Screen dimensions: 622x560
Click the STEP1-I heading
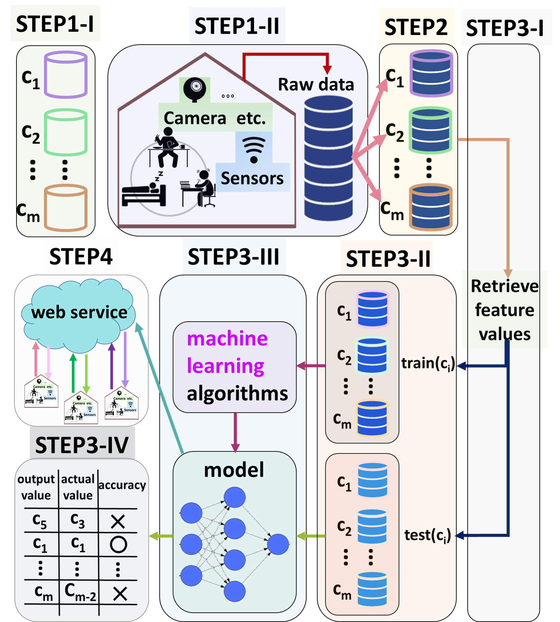pos(55,24)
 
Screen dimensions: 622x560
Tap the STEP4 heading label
pos(81,256)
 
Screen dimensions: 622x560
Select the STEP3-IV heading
pos(82,445)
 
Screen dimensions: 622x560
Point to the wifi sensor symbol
pos(254,149)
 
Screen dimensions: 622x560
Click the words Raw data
pos(316,84)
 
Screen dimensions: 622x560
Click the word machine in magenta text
pos(227,339)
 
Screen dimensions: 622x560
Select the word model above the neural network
pos(234,470)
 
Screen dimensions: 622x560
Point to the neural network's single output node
pos(278,544)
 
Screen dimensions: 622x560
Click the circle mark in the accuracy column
pos(118,544)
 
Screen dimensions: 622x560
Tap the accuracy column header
pos(122,485)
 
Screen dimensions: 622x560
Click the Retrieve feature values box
pos(504,310)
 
